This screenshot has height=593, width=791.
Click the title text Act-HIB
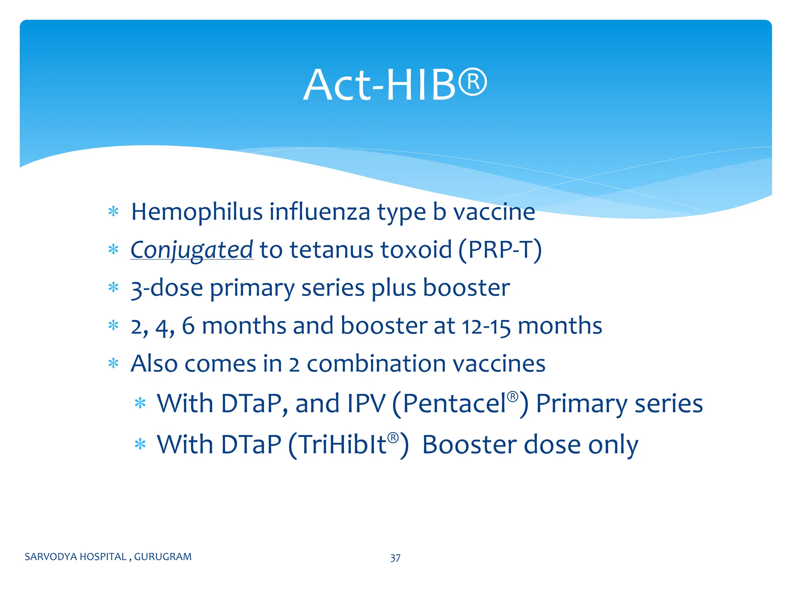[x=380, y=85]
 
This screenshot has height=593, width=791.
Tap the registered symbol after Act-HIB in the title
[x=473, y=82]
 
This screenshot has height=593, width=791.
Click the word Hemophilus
[x=197, y=212]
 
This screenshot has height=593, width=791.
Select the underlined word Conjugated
[x=192, y=250]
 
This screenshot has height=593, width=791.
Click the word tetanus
[x=332, y=250]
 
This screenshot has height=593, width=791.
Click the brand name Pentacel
[x=454, y=404]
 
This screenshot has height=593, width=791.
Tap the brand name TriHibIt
[x=343, y=445]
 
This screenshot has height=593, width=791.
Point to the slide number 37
[x=395, y=558]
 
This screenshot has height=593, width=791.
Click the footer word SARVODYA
[x=48, y=557]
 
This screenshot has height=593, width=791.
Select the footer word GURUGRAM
[x=163, y=557]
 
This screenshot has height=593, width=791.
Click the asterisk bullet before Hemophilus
[x=113, y=212]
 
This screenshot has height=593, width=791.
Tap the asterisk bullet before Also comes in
[x=113, y=363]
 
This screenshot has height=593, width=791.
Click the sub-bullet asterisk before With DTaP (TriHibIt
[x=140, y=444]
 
